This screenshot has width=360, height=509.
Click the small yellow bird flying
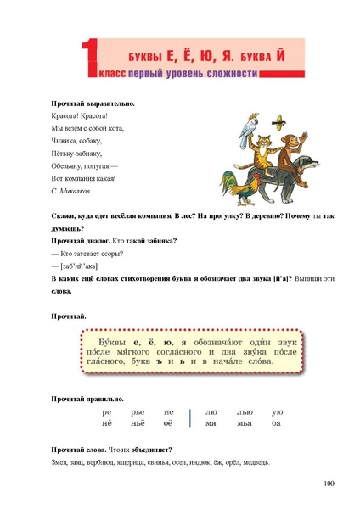point(278,118)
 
